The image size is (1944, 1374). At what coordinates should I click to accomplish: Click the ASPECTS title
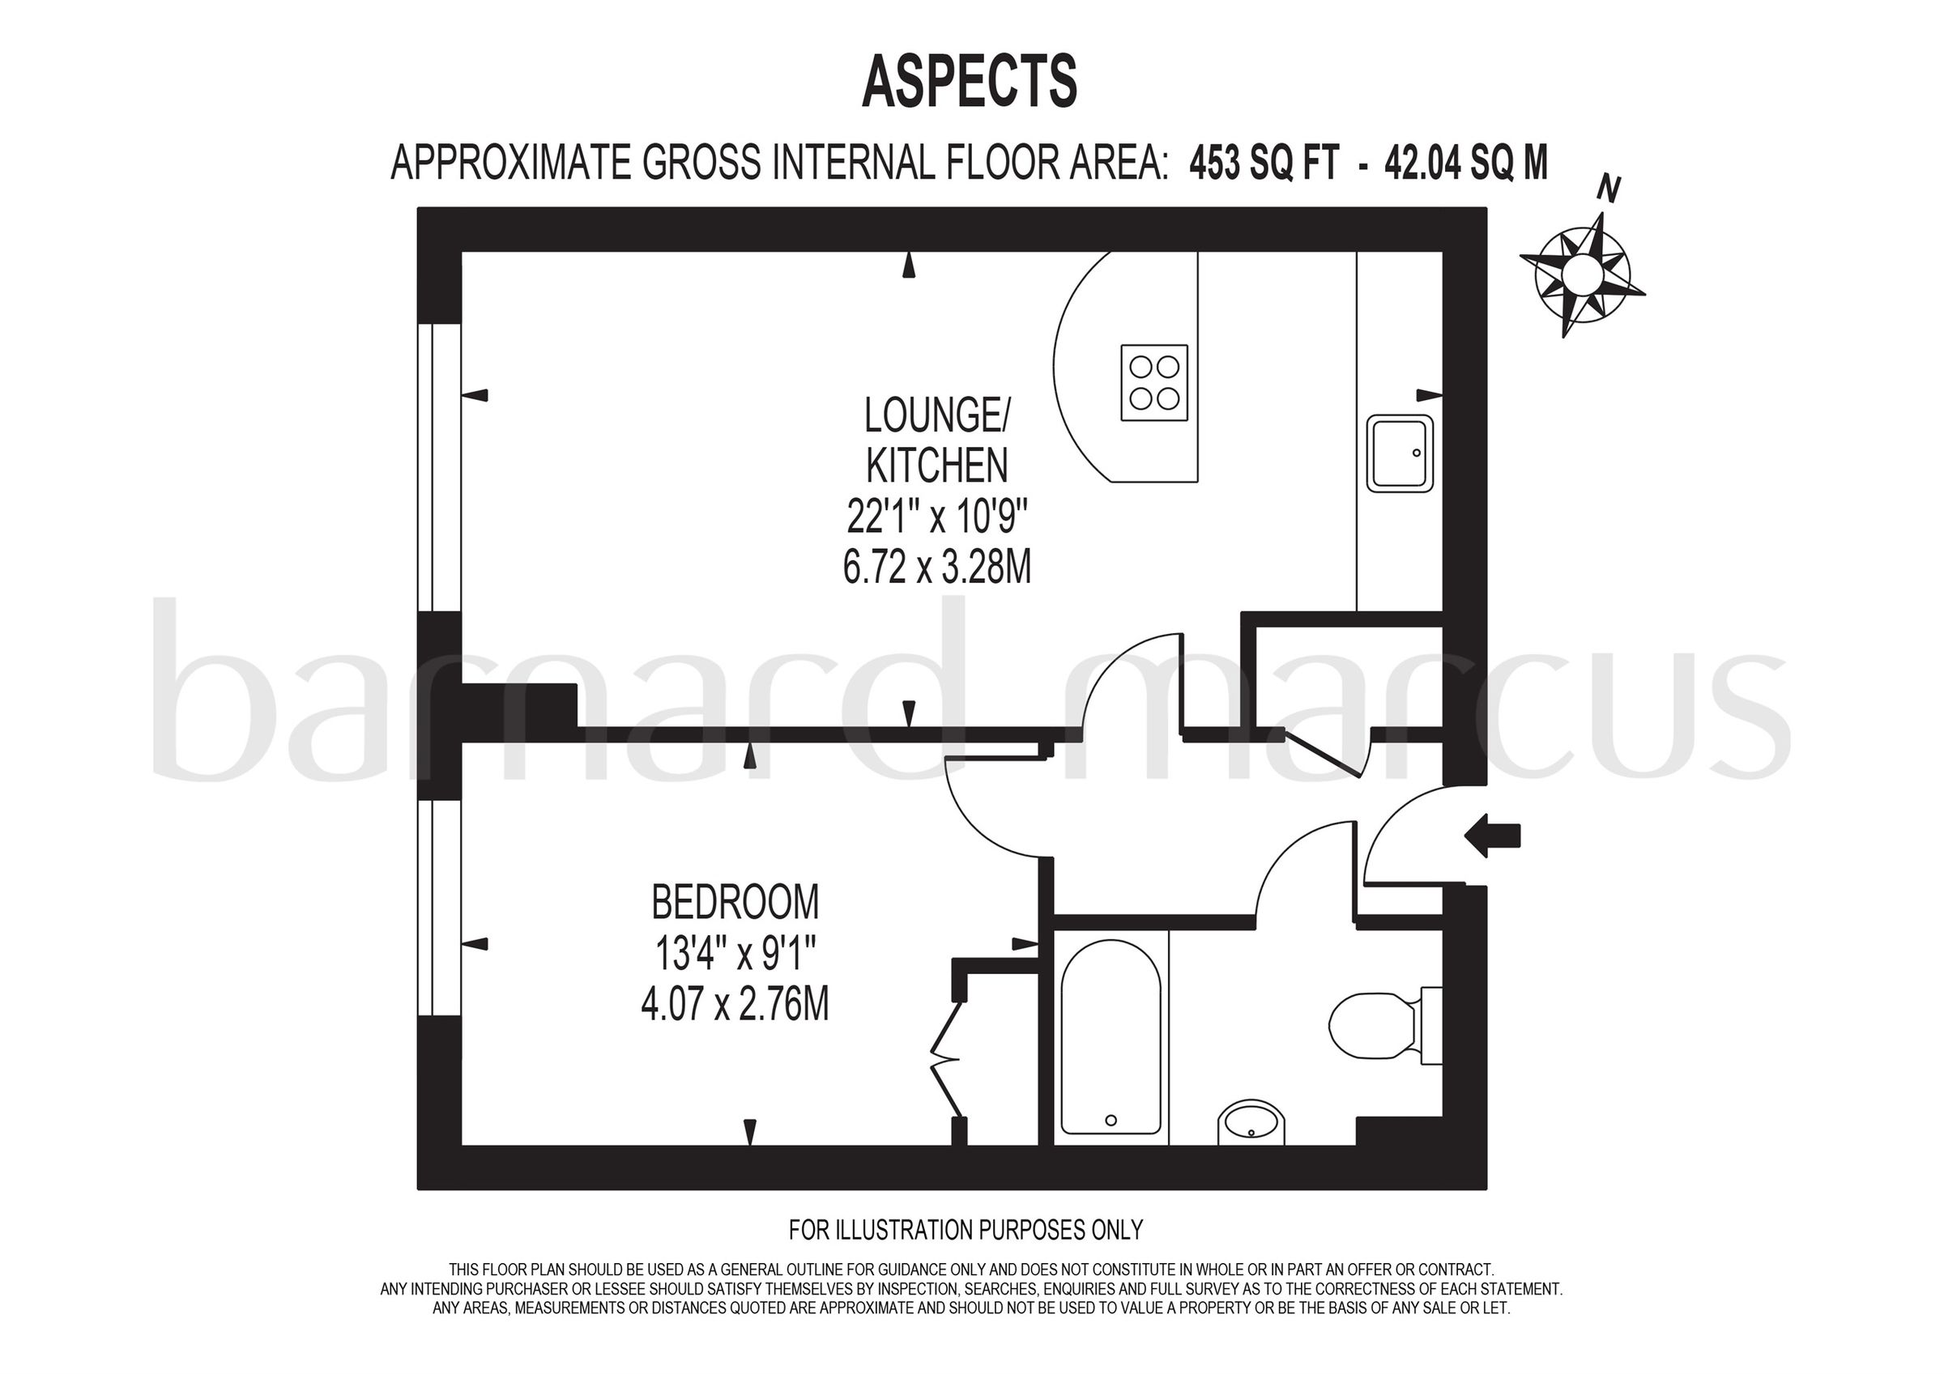coord(970,81)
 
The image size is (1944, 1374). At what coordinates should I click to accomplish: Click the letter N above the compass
coord(1608,189)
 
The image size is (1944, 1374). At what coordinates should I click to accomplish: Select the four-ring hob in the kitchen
coord(1154,383)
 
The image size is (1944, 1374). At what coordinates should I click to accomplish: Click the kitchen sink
coord(1400,453)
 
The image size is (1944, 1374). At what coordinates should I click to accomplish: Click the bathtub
coord(1110,1036)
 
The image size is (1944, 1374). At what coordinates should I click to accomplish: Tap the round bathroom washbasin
coord(1251,1124)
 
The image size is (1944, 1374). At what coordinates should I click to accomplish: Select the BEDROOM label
coord(735,903)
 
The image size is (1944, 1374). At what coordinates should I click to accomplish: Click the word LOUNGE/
coord(937,415)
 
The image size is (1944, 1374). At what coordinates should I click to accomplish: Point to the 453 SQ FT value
coord(1264,164)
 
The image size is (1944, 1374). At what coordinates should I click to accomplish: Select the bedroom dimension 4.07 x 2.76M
coord(735,1005)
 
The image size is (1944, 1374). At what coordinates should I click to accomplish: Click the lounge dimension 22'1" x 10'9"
coord(937,516)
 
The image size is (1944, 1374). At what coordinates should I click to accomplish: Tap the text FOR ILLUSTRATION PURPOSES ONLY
coord(966,1229)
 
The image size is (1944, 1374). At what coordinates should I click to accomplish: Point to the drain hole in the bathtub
coord(1111,1120)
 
